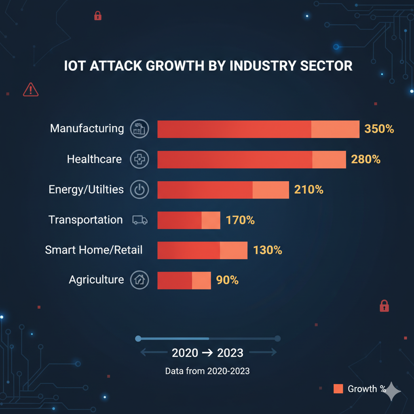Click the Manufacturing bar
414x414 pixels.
258,129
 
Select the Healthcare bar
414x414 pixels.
251,159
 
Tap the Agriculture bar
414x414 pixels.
184,280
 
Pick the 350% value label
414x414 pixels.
379,129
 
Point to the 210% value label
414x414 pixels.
308,189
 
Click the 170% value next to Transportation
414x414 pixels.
240,220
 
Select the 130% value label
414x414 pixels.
267,250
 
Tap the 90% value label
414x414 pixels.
227,280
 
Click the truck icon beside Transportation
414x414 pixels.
139,220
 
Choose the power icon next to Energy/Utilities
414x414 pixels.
139,190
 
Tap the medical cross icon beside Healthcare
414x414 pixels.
139,159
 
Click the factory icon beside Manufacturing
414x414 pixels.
139,129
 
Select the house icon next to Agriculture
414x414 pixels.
139,280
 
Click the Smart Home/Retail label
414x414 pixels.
94,250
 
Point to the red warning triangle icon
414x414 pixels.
31,89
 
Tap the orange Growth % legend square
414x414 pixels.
338,389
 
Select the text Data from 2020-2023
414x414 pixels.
207,371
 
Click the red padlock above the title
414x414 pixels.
97,16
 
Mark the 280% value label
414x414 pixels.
365,159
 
